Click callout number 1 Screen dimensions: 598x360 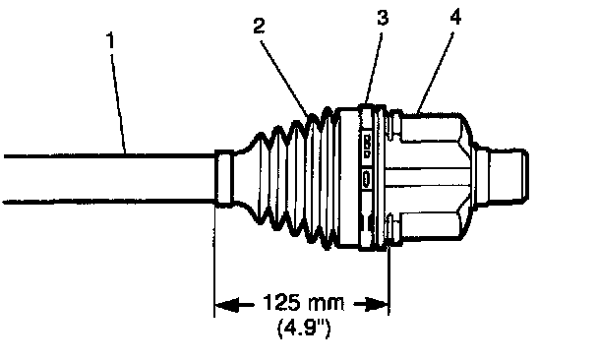(110, 41)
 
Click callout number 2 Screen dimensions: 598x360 (259, 26)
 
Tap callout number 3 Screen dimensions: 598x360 (383, 18)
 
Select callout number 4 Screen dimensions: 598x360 (455, 17)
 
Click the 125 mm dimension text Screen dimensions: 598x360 (303, 303)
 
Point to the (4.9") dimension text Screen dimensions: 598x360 (303, 328)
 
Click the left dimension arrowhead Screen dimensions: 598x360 (227, 305)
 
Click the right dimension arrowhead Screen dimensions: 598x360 (376, 305)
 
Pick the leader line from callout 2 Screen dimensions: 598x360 (285, 77)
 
